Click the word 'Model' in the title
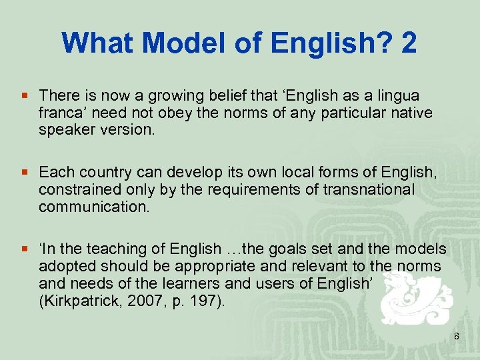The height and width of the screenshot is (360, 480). click(166, 43)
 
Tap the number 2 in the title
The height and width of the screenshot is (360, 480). click(409, 43)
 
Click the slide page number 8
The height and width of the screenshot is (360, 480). click(457, 337)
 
